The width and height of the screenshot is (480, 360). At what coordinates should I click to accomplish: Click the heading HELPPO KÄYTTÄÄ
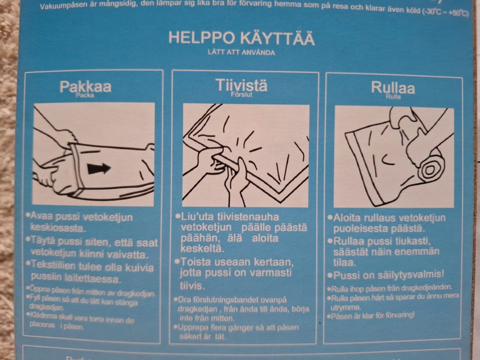(241, 38)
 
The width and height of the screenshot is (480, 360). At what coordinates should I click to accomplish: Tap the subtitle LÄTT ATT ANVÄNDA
(241, 51)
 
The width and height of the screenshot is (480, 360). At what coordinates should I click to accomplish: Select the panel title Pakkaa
(85, 86)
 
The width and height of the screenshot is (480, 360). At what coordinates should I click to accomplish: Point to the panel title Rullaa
(392, 87)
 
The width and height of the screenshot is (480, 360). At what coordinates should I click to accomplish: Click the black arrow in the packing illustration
(99, 168)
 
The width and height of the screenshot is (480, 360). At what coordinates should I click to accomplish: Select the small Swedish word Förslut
(240, 93)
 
